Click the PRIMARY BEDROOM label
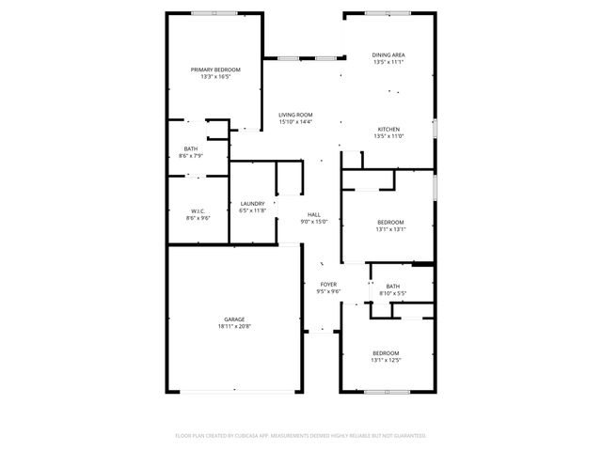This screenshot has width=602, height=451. [x=215, y=70]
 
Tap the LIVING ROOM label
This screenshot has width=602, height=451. [x=295, y=115]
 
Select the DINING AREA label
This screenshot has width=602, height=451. [x=389, y=55]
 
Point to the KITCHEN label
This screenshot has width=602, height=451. [x=389, y=130]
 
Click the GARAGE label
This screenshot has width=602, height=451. [x=234, y=319]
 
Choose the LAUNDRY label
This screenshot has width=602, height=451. [x=252, y=204]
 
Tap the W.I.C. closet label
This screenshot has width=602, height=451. [x=198, y=210]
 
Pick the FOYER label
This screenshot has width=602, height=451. [x=328, y=285]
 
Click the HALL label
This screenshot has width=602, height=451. [x=313, y=215]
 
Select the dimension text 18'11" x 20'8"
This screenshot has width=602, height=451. [x=234, y=326]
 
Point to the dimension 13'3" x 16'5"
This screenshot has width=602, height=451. [x=215, y=76]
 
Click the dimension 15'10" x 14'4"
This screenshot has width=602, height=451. [x=295, y=121]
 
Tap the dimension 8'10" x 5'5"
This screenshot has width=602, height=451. [x=392, y=293]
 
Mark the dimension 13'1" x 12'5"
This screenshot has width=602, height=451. [x=386, y=360]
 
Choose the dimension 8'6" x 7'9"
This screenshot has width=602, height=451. [x=191, y=156]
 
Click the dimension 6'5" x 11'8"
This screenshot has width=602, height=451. [x=252, y=210]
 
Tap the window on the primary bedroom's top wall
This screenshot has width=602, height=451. [x=214, y=13]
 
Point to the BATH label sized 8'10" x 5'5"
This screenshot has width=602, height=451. [x=392, y=287]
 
